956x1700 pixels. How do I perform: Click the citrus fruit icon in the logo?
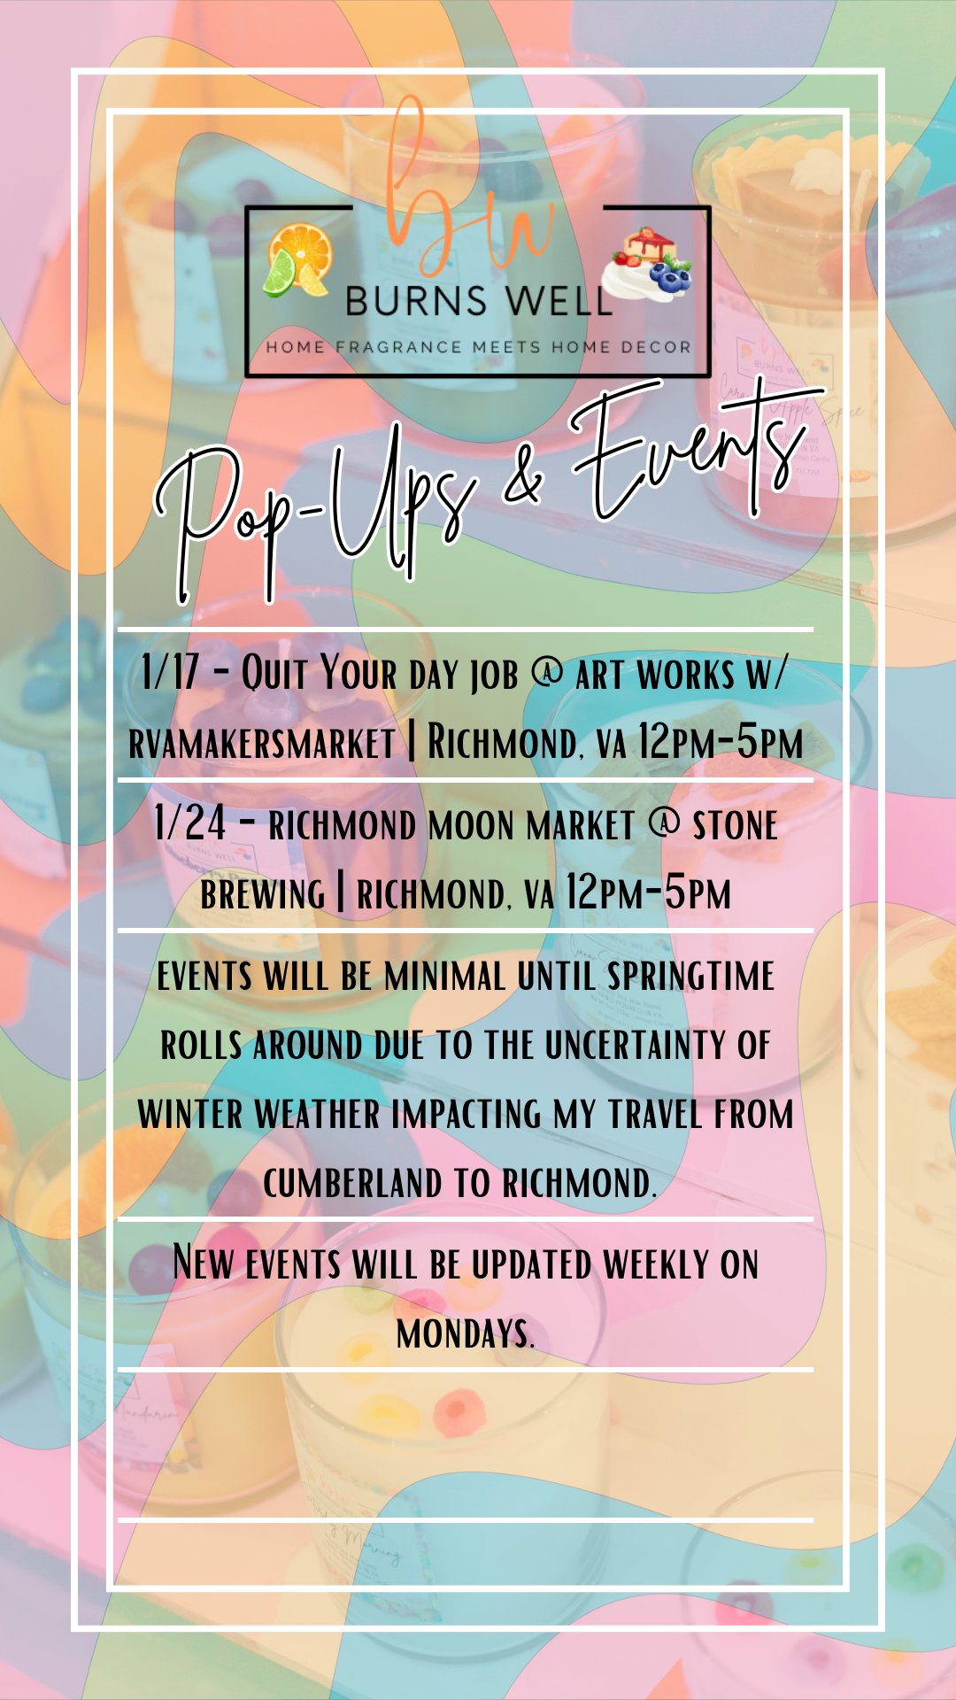click(299, 260)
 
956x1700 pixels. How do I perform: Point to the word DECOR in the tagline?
click(656, 347)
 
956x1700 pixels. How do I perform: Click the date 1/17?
click(170, 672)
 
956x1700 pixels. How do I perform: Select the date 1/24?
click(189, 823)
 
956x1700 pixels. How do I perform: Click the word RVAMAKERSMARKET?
click(262, 743)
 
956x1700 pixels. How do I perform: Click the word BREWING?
click(263, 894)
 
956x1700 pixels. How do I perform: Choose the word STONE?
click(735, 826)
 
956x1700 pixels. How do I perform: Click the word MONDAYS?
click(466, 1333)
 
